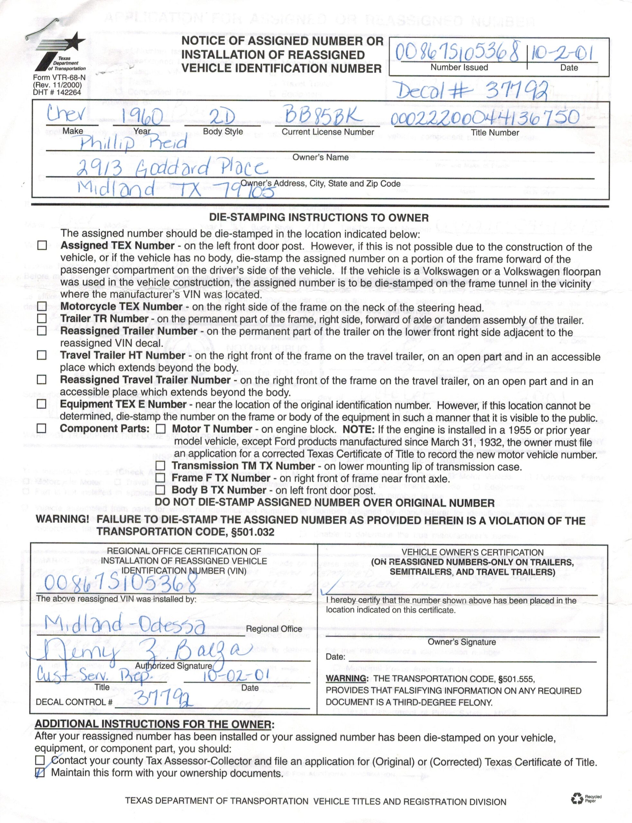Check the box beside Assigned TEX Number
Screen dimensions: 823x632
tap(42, 246)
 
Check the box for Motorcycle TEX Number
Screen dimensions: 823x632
tap(42, 307)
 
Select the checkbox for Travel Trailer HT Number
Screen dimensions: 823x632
tap(42, 355)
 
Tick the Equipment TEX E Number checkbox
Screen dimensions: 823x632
tap(42, 404)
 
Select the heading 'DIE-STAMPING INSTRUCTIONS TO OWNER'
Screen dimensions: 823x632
tap(319, 218)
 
